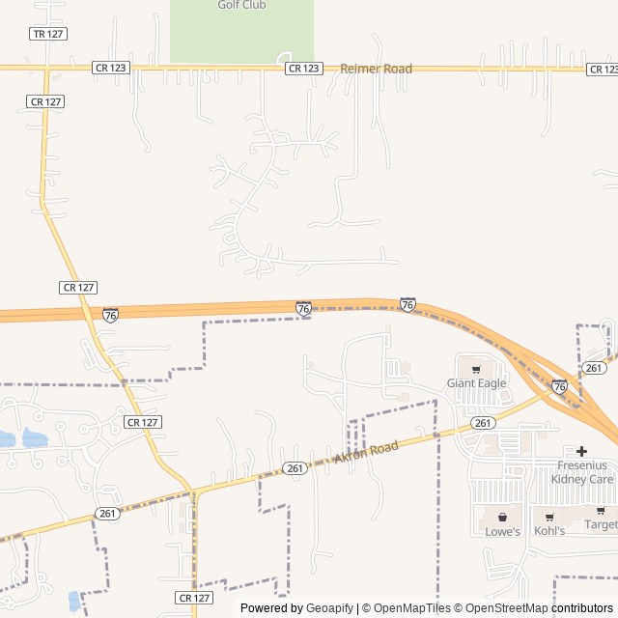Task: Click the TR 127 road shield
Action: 47,34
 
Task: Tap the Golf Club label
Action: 241,5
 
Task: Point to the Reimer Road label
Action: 376,69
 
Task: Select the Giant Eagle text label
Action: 476,383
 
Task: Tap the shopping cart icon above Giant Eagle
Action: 476,369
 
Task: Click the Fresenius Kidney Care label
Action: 581,472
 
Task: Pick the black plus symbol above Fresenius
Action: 581,451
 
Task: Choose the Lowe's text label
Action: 502,531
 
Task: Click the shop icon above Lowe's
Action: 502,517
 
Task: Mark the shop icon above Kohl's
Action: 549,517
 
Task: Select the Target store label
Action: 601,524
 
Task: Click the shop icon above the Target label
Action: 601,510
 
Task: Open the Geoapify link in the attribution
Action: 330,608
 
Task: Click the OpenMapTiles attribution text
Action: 406,608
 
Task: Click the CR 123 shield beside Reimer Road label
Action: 303,69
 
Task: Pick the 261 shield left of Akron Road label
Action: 295,468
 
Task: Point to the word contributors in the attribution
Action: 582,608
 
